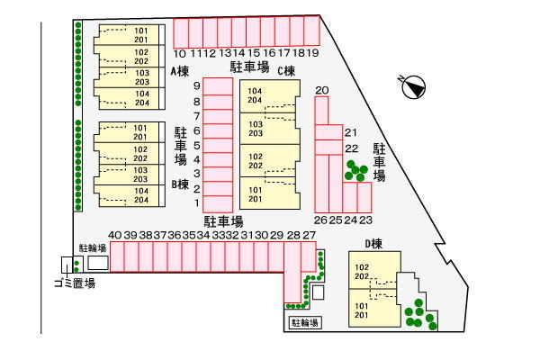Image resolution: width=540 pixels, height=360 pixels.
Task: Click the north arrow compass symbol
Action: click(x=414, y=86)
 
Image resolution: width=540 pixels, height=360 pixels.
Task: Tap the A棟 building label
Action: click(x=180, y=71)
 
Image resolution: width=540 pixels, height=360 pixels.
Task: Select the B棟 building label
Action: click(x=180, y=184)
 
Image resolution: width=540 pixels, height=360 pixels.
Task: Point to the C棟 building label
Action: click(x=286, y=70)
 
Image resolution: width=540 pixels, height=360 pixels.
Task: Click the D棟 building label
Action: click(x=373, y=244)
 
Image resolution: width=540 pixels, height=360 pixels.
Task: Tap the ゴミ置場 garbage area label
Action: click(x=75, y=283)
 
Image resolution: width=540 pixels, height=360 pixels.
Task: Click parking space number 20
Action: click(x=321, y=110)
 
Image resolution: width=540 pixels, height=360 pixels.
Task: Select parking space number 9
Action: click(x=218, y=86)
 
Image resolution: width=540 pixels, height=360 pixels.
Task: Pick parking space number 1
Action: click(x=218, y=203)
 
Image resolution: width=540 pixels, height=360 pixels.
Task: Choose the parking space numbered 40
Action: click(x=117, y=257)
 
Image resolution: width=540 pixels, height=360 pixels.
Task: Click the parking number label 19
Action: click(x=312, y=53)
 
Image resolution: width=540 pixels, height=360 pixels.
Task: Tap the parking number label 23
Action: click(x=365, y=220)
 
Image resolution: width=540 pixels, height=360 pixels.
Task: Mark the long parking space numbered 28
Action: click(x=292, y=272)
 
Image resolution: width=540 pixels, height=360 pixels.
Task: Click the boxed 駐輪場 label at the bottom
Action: click(x=305, y=323)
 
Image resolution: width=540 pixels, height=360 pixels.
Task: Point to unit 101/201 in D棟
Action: click(x=374, y=308)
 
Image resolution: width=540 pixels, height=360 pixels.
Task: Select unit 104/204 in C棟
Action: click(x=268, y=96)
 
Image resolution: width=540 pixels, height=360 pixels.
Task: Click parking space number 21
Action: click(x=328, y=132)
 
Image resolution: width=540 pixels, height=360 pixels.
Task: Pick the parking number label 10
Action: click(x=179, y=53)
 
